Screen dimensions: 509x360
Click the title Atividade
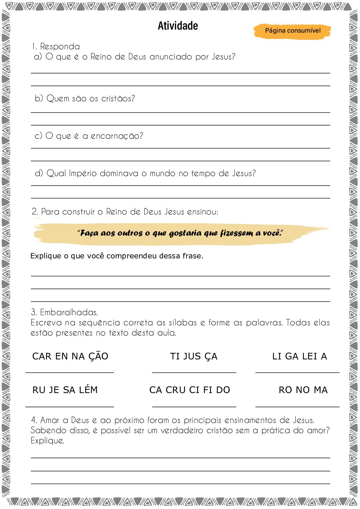tap(178, 26)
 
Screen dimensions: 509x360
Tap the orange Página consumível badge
tap(292, 31)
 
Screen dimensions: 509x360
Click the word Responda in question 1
tap(60, 47)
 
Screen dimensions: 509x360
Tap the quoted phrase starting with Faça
tap(180, 233)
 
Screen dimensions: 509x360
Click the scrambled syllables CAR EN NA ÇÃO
tap(70, 356)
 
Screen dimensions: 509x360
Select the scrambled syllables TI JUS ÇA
tap(194, 356)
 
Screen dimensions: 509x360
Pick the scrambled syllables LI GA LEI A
tap(299, 356)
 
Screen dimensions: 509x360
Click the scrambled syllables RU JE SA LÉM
tap(65, 390)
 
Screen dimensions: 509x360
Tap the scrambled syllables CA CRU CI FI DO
tap(190, 390)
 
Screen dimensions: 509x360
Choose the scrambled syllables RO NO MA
tap(303, 390)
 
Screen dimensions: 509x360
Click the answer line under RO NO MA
tap(297, 406)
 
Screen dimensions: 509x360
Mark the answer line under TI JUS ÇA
tap(194, 372)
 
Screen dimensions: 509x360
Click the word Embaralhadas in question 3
tap(69, 312)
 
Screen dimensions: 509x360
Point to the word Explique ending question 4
tap(47, 441)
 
